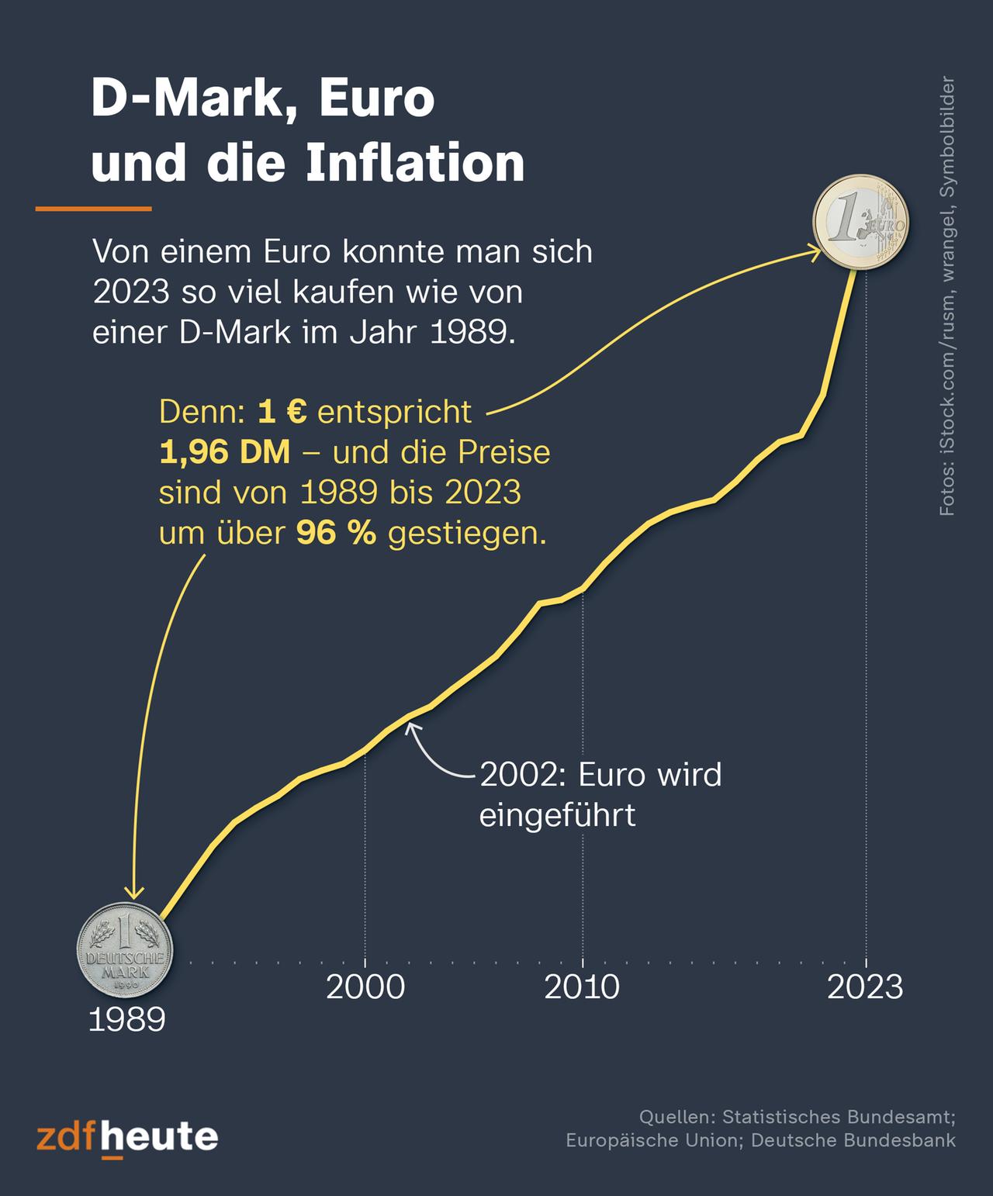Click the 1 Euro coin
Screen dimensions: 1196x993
click(x=860, y=222)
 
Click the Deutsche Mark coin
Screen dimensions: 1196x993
click(x=124, y=950)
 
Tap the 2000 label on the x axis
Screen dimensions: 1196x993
click(x=365, y=987)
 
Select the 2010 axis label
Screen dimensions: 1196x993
click(x=582, y=987)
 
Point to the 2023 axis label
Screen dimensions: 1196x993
click(x=865, y=987)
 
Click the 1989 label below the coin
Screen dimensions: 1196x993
click(x=127, y=1020)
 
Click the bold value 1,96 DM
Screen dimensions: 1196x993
click(x=224, y=452)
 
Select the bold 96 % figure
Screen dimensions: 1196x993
click(x=336, y=534)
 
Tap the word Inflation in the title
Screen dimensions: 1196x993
click(x=416, y=163)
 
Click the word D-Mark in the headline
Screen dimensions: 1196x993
click(x=186, y=99)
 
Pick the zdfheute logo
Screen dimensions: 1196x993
click(x=127, y=1138)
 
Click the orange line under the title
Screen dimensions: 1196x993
click(x=94, y=209)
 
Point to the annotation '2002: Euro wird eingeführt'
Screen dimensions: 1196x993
click(x=600, y=794)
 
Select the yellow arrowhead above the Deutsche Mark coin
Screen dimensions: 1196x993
click(x=135, y=894)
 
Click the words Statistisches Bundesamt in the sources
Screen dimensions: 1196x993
click(x=838, y=1117)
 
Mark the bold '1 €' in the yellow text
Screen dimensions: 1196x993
click(x=282, y=412)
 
